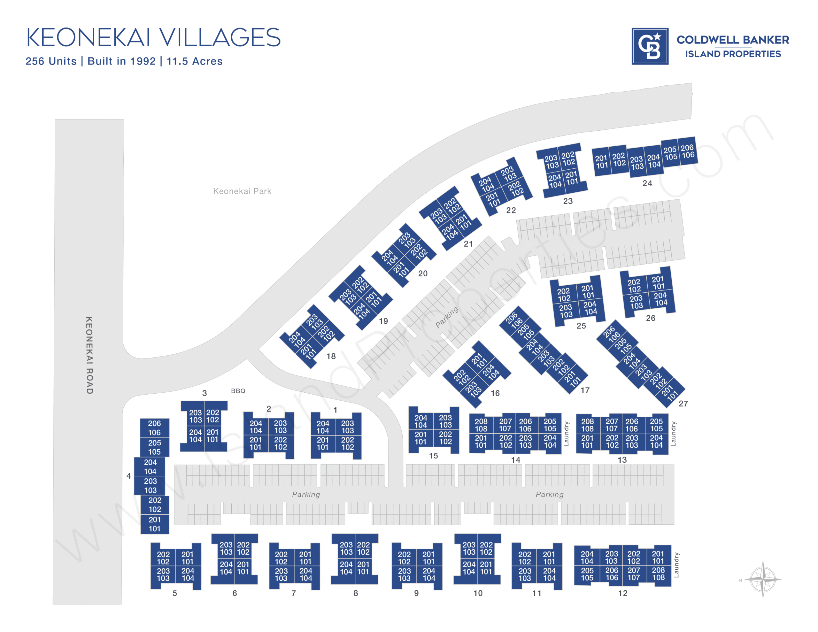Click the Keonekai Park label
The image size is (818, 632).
point(242,191)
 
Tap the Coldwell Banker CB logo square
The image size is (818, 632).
point(650,46)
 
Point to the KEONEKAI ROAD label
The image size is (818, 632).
point(89,355)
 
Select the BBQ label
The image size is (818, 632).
point(238,391)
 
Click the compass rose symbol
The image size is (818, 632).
point(763,579)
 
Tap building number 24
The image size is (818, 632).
point(647,183)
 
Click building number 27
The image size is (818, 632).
point(683,404)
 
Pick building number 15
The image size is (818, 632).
point(433,456)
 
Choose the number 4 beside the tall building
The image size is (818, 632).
point(128,476)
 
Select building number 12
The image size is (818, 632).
point(622,593)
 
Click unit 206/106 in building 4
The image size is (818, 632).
point(154,428)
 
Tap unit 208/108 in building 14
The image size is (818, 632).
point(481,425)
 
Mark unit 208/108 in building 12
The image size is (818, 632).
point(658,574)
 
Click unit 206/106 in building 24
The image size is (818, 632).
point(687,151)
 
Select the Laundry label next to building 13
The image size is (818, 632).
point(673,434)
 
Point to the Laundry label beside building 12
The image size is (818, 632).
point(676,565)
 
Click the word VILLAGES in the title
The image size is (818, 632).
point(220,37)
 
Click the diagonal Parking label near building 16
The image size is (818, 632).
point(447,317)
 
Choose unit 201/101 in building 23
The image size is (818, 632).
point(572,178)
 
